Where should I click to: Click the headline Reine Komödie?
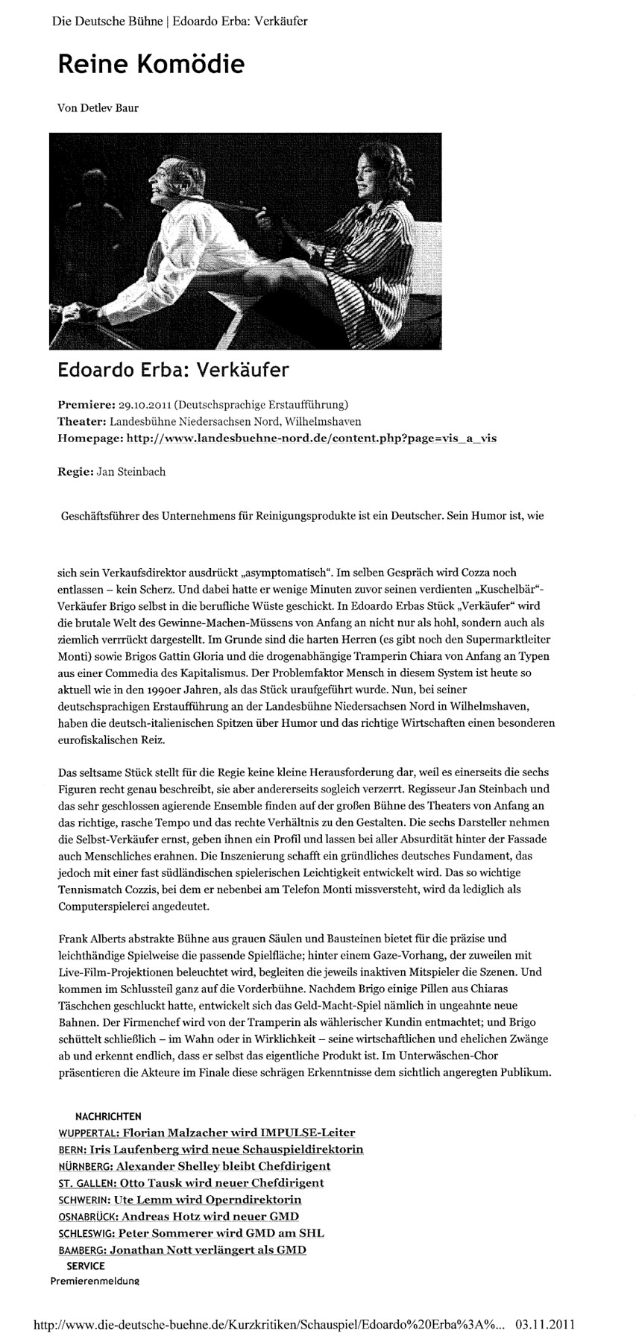tap(151, 65)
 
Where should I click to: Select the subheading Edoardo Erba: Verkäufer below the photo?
tap(173, 370)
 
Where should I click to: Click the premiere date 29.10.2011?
tap(145, 405)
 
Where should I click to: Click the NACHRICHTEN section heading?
tap(108, 1116)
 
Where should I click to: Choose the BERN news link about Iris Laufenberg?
tap(210, 1149)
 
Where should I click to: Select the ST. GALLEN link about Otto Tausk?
tap(191, 1182)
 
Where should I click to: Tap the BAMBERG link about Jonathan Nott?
tap(182, 1250)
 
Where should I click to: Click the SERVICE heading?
tap(86, 1265)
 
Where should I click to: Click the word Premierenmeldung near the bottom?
tap(95, 1281)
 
